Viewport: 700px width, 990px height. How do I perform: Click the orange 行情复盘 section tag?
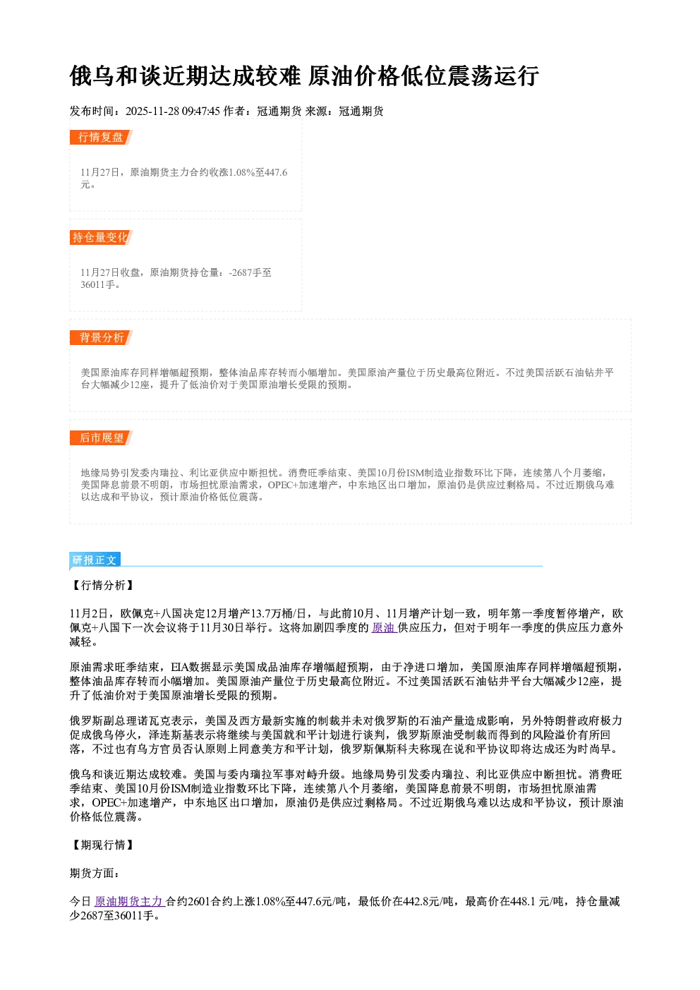pyautogui.click(x=101, y=137)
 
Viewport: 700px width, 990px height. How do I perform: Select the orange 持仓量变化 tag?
pyautogui.click(x=101, y=237)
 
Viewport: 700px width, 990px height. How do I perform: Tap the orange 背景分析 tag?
pyautogui.click(x=101, y=338)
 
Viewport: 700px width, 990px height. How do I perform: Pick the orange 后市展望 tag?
pyautogui.click(x=101, y=438)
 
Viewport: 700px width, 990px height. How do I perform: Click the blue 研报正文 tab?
pyautogui.click(x=95, y=560)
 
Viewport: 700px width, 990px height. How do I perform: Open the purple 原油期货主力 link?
pyautogui.click(x=129, y=901)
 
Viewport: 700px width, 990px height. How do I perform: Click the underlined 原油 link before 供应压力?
pyautogui.click(x=384, y=627)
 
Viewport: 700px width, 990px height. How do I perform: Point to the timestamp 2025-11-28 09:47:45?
pyautogui.click(x=173, y=111)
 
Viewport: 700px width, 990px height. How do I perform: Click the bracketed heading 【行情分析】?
pyautogui.click(x=102, y=585)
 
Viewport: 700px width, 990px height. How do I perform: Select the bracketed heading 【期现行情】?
pyautogui.click(x=102, y=845)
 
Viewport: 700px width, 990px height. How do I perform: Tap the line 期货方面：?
pyautogui.click(x=95, y=873)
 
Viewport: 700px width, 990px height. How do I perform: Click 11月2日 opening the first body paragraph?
pyautogui.click(x=89, y=613)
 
